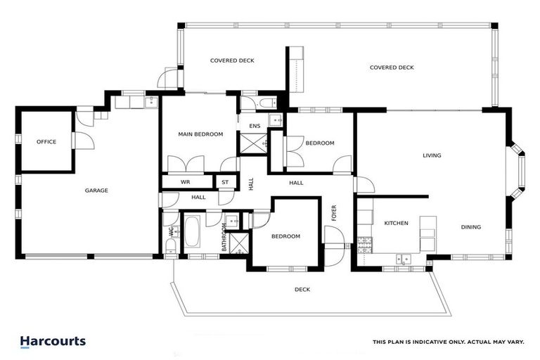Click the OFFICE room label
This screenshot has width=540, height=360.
point(46,142)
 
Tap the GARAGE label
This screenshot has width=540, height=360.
point(96,191)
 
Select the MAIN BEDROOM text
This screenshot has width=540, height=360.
point(200,134)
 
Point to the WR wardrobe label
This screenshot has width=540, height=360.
point(186,182)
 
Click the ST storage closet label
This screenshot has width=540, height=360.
point(225,182)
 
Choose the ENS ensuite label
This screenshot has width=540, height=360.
point(255,126)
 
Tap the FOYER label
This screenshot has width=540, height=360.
point(334,212)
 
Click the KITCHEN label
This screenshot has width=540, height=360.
point(396,223)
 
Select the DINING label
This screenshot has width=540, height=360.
point(471,227)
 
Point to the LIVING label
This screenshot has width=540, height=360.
point(432,155)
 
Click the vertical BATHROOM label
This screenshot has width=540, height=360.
point(224,238)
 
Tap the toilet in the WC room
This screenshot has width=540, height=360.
point(171,245)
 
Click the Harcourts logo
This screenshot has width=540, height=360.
point(53,342)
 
